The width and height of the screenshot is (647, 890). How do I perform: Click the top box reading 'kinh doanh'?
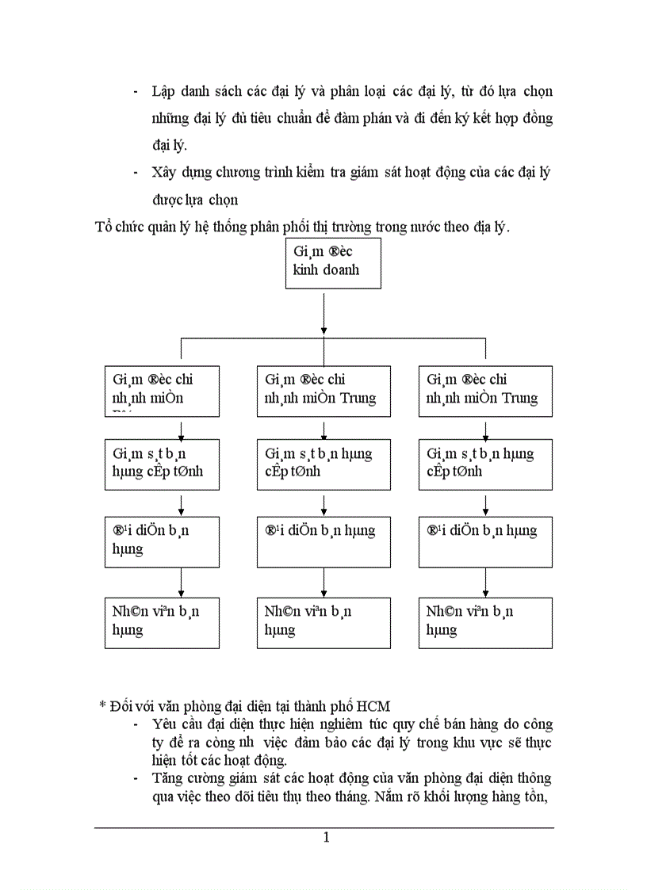pyautogui.click(x=332, y=264)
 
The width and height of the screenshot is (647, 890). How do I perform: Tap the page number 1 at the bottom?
pyautogui.click(x=325, y=838)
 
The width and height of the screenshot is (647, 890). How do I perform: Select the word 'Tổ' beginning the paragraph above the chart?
pyautogui.click(x=103, y=227)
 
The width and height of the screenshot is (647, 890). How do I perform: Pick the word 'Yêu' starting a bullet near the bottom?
pyautogui.click(x=165, y=724)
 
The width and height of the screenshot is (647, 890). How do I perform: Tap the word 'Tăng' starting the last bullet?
pyautogui.click(x=168, y=778)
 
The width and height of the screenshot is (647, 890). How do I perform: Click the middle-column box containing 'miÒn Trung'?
pyautogui.click(x=323, y=391)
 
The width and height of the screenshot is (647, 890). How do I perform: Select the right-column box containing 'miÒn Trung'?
pyautogui.click(x=485, y=391)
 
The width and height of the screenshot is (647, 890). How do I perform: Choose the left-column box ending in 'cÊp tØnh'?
pyautogui.click(x=162, y=464)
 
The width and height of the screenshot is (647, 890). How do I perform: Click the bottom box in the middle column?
pyautogui.click(x=323, y=622)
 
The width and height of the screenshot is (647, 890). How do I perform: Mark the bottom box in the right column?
pyautogui.click(x=485, y=622)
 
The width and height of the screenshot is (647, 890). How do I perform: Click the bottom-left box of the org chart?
pyautogui.click(x=162, y=622)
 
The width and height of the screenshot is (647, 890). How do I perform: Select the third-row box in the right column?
pyautogui.click(x=485, y=541)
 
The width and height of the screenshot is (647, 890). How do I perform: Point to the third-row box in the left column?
pyautogui.click(x=162, y=541)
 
